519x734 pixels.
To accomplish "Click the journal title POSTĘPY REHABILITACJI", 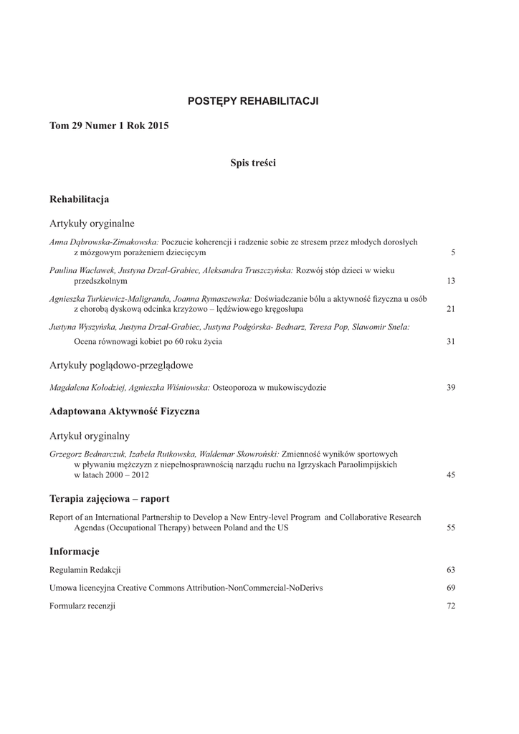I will click(252, 101).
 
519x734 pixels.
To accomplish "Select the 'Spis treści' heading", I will click(252, 163).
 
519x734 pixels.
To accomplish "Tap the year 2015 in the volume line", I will click(158, 125).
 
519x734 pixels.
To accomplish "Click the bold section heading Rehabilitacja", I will click(79, 199).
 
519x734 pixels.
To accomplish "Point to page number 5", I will click(453, 253).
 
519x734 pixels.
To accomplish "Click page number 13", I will click(451, 281).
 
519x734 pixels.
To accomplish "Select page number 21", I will click(451, 309).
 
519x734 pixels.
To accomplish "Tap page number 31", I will click(451, 342).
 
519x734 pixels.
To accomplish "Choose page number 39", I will click(451, 388).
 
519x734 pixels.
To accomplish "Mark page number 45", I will click(451, 475).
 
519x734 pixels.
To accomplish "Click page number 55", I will click(451, 528).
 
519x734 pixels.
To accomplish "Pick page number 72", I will click(451, 606).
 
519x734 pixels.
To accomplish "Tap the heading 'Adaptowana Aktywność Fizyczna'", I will click(124, 412).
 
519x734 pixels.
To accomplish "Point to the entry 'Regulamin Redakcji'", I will click(85, 570).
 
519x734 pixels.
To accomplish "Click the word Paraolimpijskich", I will click(366, 464).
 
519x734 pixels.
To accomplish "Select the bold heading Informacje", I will click(74, 551).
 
